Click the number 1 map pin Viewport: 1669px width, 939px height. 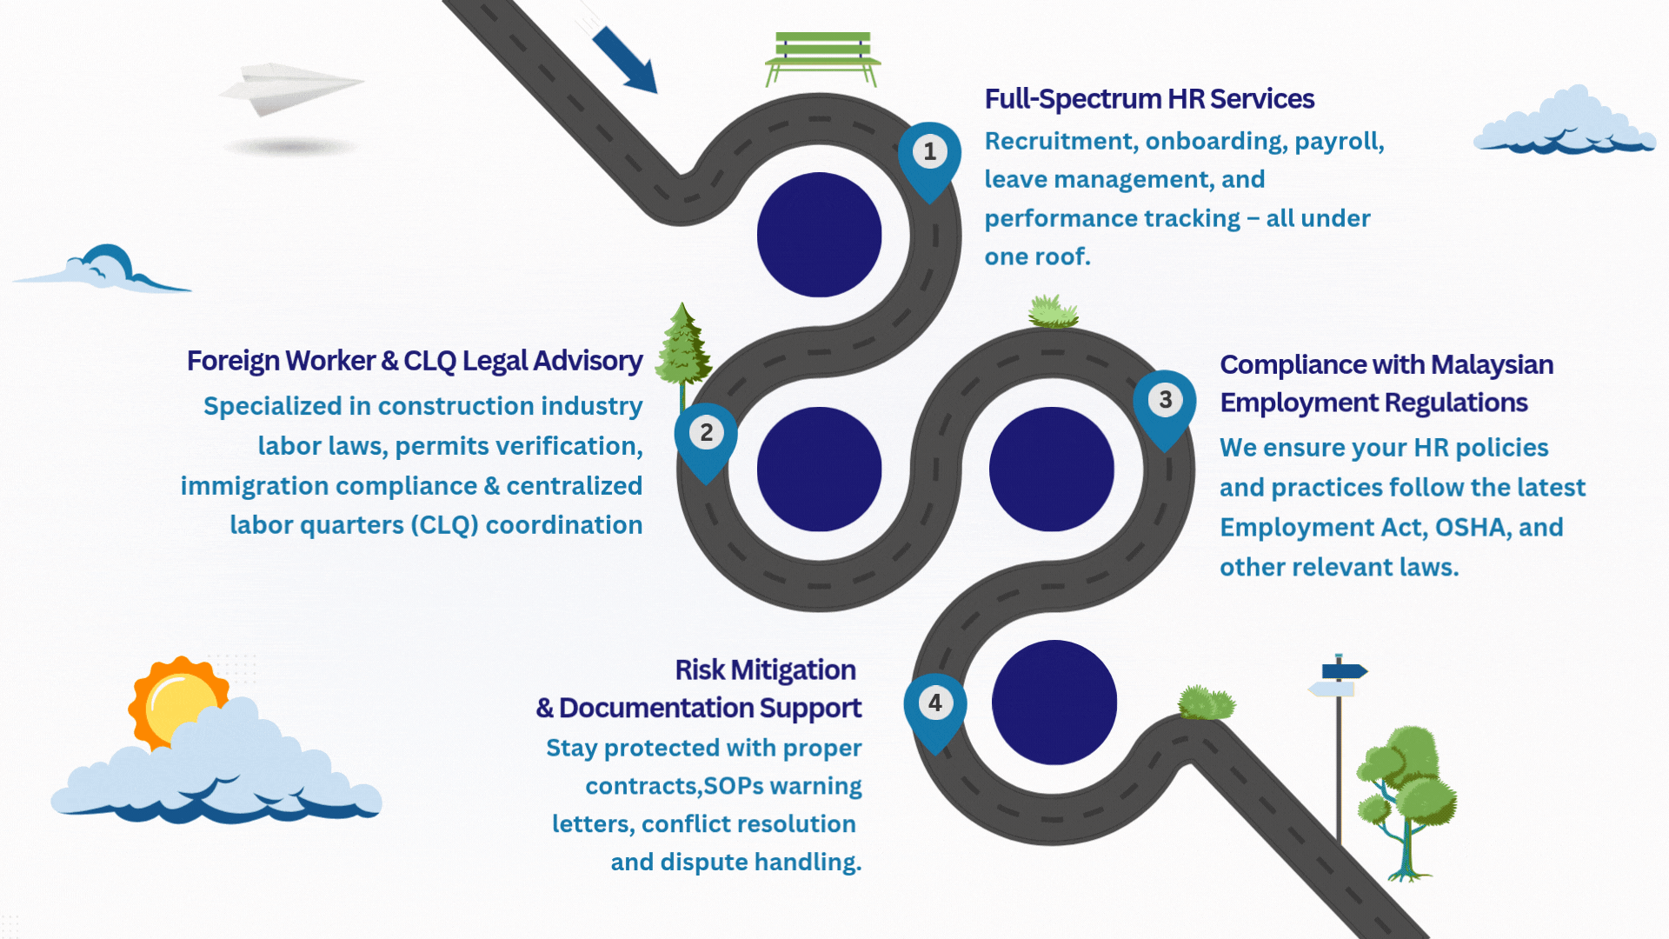(x=929, y=157)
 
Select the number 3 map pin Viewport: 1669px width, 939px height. (x=1165, y=405)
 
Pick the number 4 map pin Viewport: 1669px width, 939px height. (x=934, y=708)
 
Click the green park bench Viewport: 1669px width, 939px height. (x=822, y=56)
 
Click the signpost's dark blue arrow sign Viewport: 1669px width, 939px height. (x=1344, y=670)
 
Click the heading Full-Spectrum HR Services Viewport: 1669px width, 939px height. (x=1148, y=99)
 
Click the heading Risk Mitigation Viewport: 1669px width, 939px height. (x=765, y=669)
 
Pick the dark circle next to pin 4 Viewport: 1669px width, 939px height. (x=1054, y=703)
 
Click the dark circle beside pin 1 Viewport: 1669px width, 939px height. (x=819, y=235)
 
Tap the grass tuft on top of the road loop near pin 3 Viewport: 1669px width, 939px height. (x=1053, y=311)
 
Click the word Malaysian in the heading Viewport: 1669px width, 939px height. (x=1492, y=364)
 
